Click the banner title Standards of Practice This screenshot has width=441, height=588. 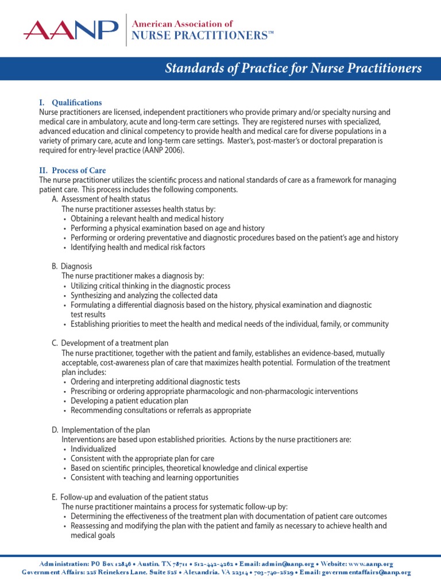click(293, 69)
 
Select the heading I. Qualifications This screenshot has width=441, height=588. click(70, 103)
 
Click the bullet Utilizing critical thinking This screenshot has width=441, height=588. click(150, 285)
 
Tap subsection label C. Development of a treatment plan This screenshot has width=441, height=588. click(110, 343)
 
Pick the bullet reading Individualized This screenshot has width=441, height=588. click(93, 449)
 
